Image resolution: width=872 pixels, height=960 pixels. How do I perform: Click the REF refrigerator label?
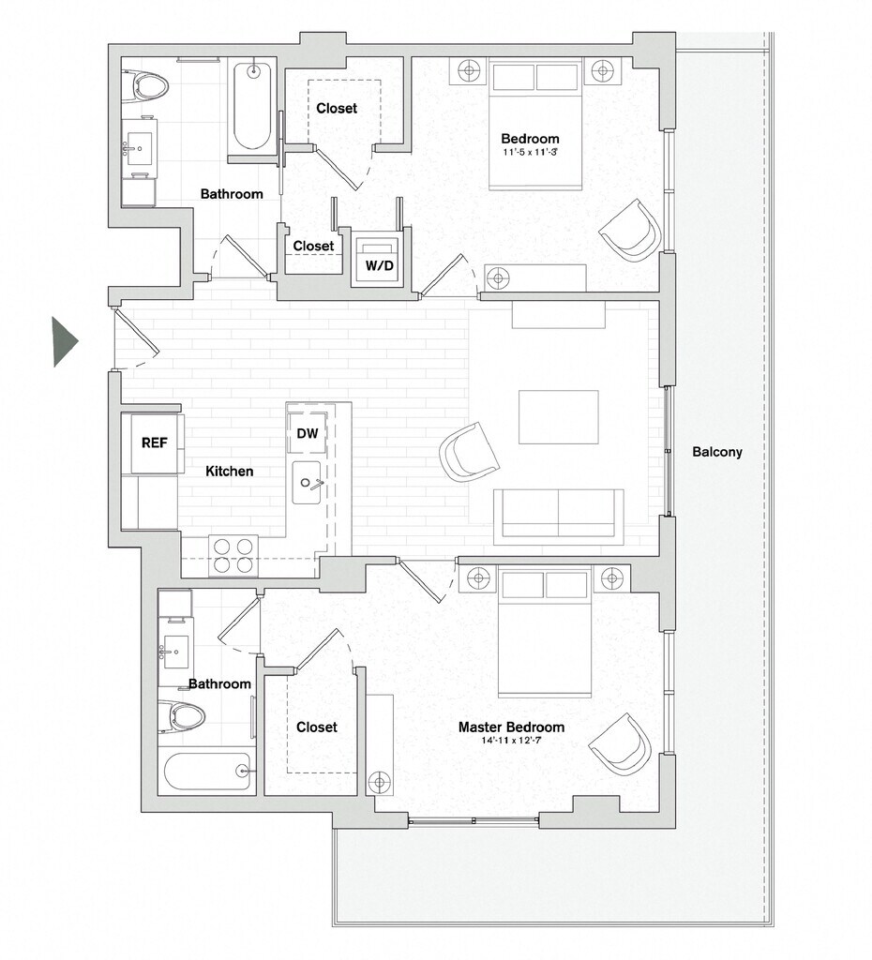(155, 442)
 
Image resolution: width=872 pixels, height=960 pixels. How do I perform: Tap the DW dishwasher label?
(307, 433)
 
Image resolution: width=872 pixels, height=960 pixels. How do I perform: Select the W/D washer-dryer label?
(380, 266)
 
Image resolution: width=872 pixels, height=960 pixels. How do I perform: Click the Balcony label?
(717, 452)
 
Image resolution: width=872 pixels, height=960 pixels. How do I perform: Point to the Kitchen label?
(230, 471)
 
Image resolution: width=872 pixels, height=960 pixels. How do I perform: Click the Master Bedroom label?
(511, 727)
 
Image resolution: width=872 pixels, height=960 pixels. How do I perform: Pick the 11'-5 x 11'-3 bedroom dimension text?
(531, 151)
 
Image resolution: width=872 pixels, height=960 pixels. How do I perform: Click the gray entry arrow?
(64, 341)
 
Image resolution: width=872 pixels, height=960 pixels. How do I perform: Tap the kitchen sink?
(308, 483)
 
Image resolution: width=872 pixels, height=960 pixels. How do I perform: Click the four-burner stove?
(233, 554)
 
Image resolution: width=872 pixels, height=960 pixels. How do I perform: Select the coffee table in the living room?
(559, 417)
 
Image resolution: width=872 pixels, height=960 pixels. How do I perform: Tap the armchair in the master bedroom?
(621, 743)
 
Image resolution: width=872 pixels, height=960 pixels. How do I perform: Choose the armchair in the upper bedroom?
(630, 230)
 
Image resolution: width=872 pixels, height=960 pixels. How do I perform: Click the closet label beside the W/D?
(313, 246)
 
